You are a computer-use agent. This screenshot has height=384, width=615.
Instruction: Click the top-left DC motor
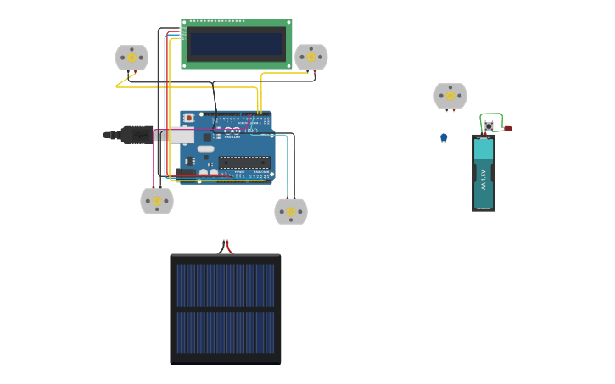click(x=131, y=58)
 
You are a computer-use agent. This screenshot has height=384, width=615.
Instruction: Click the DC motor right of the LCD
click(x=310, y=58)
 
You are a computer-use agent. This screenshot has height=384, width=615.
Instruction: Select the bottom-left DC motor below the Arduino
click(x=157, y=201)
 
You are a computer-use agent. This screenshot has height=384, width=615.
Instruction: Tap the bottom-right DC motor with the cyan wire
click(x=291, y=211)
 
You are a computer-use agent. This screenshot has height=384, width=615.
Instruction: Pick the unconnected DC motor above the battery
click(x=450, y=96)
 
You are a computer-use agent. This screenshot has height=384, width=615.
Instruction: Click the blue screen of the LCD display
click(x=237, y=44)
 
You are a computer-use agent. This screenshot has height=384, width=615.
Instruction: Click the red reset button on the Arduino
click(x=189, y=118)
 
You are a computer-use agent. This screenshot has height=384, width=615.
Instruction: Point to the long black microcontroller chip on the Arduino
click(x=244, y=162)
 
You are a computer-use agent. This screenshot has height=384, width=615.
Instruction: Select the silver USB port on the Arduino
click(x=181, y=136)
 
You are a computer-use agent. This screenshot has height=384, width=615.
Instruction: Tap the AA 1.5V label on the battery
click(x=484, y=181)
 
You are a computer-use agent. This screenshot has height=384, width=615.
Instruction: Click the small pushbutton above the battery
click(x=489, y=127)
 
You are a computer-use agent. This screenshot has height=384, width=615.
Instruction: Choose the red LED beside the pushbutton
click(x=507, y=129)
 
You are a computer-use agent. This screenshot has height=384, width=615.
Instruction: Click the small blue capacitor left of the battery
click(x=444, y=137)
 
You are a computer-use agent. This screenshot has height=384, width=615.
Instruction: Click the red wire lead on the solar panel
click(x=229, y=248)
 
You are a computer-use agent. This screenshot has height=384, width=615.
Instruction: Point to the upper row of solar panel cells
click(x=226, y=286)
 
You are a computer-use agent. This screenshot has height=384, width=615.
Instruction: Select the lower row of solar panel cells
click(x=226, y=333)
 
